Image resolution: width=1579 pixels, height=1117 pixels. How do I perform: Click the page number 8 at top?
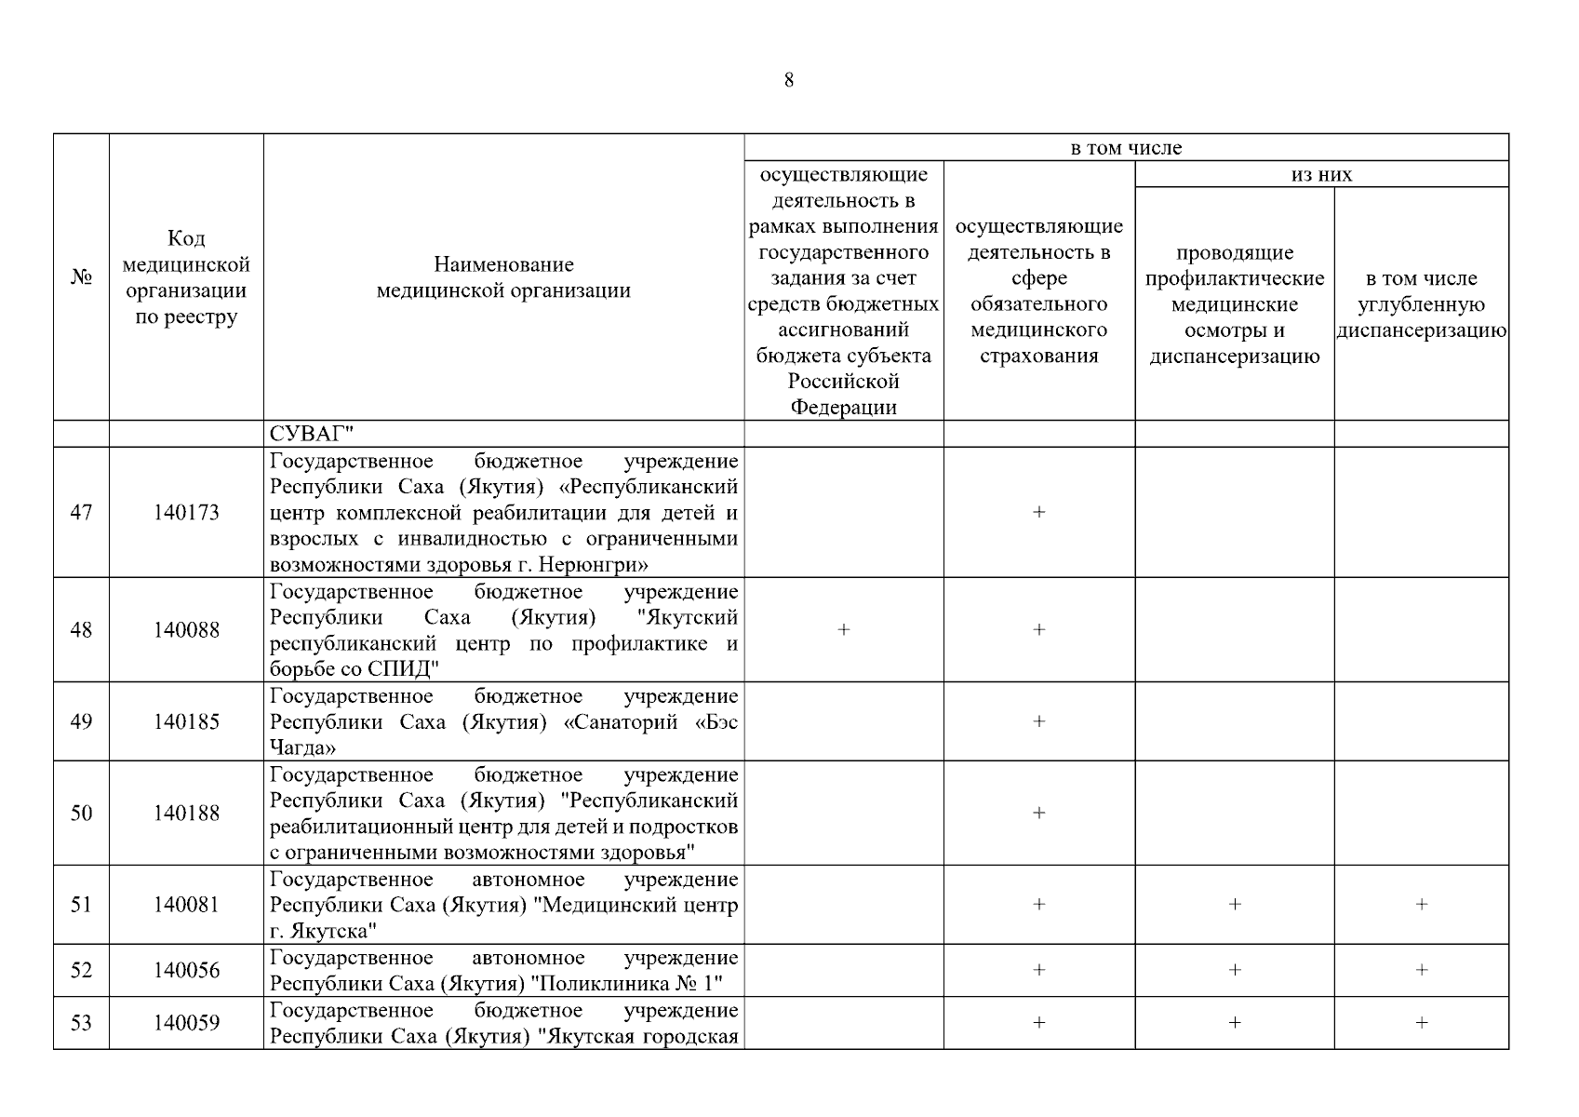(789, 81)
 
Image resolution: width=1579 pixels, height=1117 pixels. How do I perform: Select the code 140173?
(186, 513)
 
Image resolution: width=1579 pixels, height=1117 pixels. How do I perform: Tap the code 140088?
(186, 630)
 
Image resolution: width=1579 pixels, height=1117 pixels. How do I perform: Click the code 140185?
(186, 722)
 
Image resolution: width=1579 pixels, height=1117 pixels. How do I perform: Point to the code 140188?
(186, 814)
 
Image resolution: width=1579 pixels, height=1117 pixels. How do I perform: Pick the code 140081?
(186, 905)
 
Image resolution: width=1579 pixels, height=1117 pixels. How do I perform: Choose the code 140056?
(186, 971)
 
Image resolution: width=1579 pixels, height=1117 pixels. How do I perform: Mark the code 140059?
(186, 1023)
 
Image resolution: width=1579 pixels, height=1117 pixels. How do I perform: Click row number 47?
(81, 513)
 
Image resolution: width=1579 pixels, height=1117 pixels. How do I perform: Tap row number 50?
(81, 814)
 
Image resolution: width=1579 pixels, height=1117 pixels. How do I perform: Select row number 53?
(81, 1023)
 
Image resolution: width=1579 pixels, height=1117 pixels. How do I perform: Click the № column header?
(81, 277)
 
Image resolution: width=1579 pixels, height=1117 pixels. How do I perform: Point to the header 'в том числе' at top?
(1126, 148)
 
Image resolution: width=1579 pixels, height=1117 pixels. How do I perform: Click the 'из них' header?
(1321, 174)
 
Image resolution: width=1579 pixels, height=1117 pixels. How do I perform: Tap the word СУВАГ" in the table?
(313, 434)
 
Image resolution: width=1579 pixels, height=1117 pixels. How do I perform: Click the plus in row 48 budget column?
(844, 630)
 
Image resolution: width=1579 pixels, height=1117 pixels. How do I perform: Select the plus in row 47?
(1038, 513)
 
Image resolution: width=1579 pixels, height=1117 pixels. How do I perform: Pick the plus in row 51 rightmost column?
(1421, 905)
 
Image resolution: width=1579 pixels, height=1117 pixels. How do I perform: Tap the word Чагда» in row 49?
(302, 748)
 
